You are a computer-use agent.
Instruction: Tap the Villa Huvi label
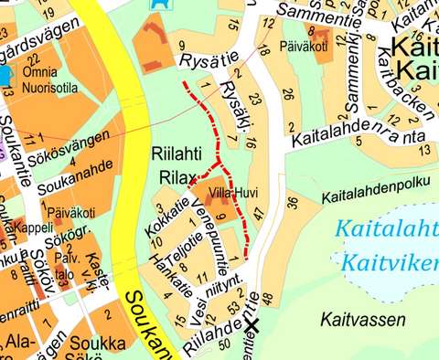tap(232, 194)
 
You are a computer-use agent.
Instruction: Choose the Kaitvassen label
tap(358, 319)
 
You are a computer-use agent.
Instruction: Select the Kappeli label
tap(34, 228)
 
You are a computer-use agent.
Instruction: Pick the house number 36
tap(293, 202)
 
